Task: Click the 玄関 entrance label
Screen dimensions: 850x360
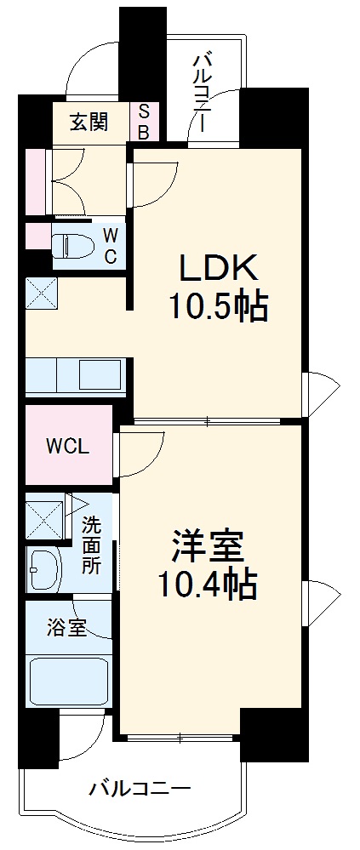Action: (89, 122)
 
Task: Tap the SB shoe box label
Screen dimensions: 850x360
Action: (144, 122)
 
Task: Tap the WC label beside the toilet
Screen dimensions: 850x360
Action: (111, 244)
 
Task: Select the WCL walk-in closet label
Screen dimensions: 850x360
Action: (67, 446)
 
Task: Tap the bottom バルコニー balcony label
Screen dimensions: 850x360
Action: (140, 789)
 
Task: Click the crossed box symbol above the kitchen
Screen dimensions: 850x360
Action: (40, 294)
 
